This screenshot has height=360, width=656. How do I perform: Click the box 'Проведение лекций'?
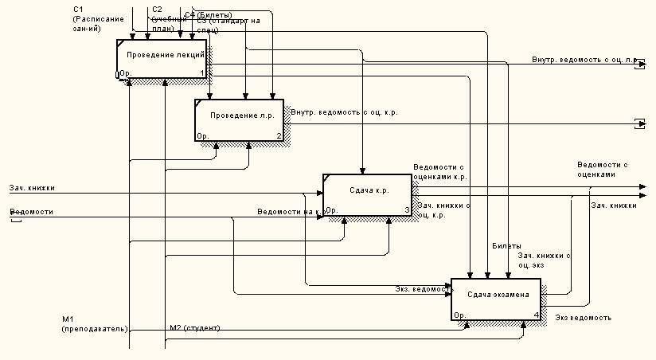pos(162,54)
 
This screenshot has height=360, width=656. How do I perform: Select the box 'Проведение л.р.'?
pos(239,116)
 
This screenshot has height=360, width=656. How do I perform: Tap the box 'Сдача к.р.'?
pos(367,191)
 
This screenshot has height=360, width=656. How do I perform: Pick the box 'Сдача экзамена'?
pos(495,295)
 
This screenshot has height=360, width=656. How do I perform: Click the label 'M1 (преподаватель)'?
pos(94,323)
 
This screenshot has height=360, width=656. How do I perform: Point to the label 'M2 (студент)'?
pos(195,328)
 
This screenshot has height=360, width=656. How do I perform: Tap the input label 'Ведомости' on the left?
pos(32,212)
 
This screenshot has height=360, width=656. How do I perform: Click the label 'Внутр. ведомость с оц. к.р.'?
pos(345,112)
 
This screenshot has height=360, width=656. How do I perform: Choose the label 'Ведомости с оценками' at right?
pos(603,169)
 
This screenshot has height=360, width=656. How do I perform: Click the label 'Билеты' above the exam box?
pos(507,247)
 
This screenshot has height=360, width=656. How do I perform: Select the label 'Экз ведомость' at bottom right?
pos(584,318)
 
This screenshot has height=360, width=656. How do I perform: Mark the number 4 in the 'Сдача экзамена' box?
pos(537,315)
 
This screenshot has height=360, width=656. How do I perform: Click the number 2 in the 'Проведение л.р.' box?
pos(279,136)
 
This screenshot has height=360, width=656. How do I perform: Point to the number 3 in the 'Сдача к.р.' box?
pos(407,211)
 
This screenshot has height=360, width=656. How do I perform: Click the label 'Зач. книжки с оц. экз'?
pos(545,260)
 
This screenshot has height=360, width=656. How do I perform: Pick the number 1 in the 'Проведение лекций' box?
pos(202,74)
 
